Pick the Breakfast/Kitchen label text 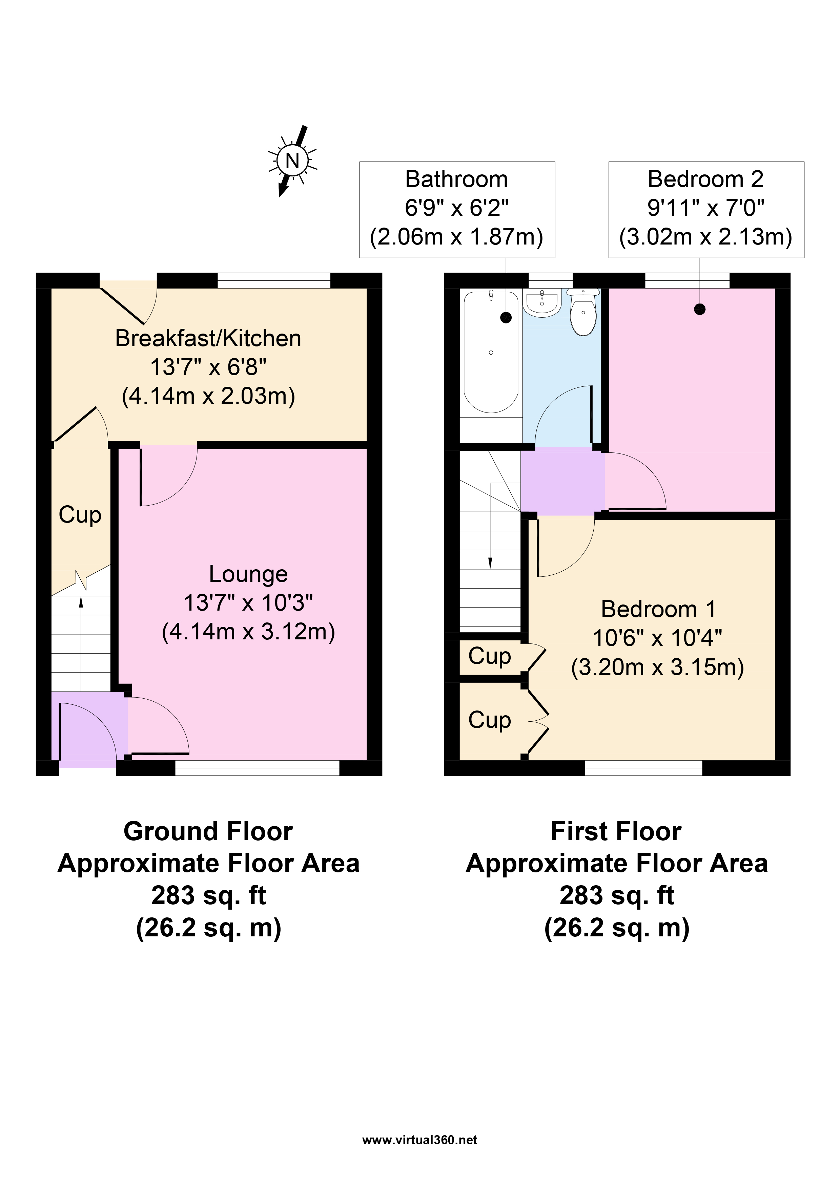[208, 338]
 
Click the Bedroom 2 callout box [706, 210]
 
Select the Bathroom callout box [457, 210]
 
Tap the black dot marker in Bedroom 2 [700, 310]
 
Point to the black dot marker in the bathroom [506, 317]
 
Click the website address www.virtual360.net [420, 1140]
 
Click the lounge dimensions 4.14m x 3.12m [248, 632]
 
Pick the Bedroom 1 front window [643, 768]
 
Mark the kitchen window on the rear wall [274, 280]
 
